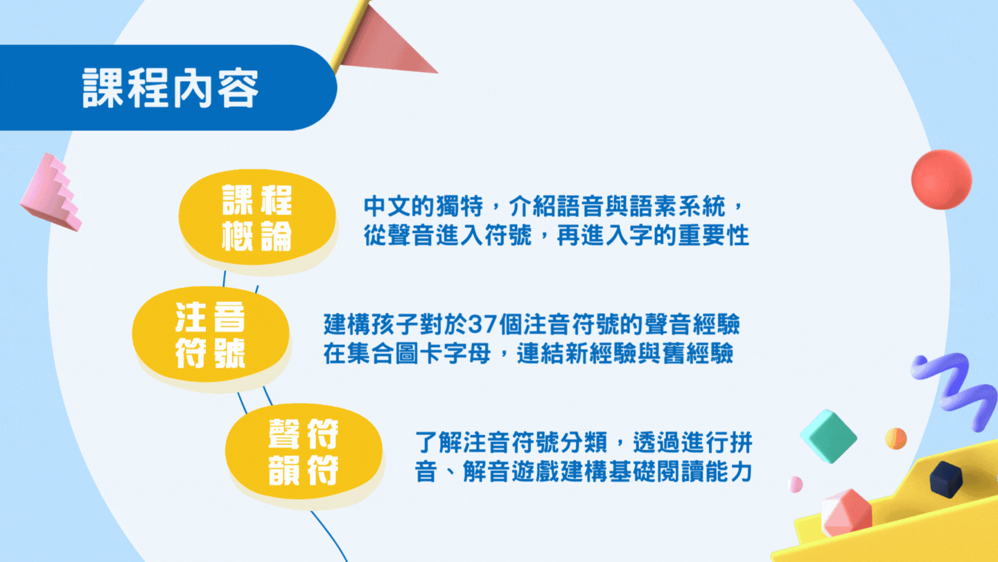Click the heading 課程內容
[x=170, y=87]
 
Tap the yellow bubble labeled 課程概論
[x=257, y=217]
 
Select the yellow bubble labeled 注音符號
[x=211, y=334]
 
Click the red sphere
[x=941, y=179]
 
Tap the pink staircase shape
[x=52, y=193]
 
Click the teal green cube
[x=829, y=436]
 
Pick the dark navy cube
[x=946, y=479]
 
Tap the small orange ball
[x=895, y=438]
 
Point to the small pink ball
[x=796, y=484]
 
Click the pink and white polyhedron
[x=846, y=513]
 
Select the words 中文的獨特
[x=423, y=206]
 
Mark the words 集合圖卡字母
[x=419, y=354]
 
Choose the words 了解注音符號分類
[x=511, y=443]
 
